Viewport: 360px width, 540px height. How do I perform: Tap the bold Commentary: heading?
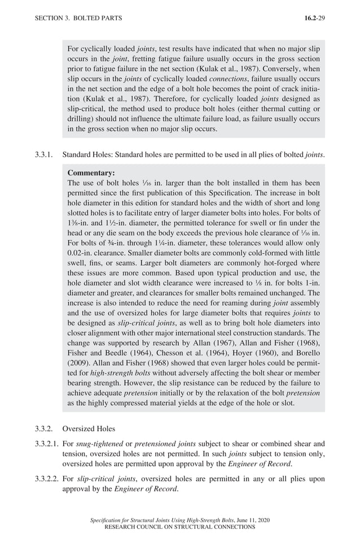[91, 173]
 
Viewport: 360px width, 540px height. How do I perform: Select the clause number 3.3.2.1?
[46, 444]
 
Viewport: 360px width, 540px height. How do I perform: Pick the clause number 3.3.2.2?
[46, 479]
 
